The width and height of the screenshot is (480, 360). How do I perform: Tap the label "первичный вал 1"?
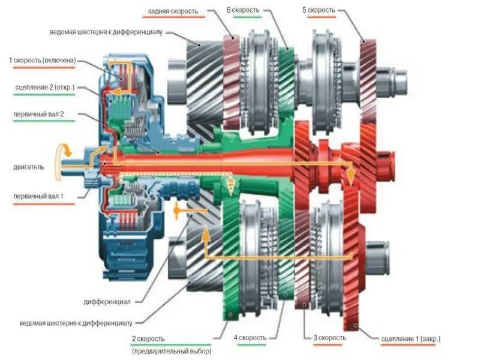click(37, 196)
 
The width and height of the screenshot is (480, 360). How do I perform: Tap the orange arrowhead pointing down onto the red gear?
click(349, 176)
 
